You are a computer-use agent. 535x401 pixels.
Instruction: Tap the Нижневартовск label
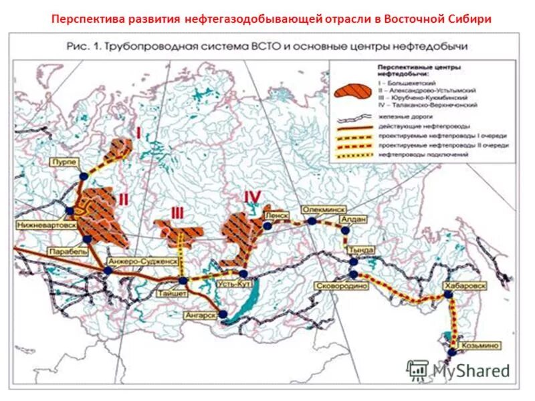click(x=39, y=226)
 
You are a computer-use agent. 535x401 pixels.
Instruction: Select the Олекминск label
click(x=321, y=209)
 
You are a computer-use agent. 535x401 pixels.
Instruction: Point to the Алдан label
click(x=353, y=218)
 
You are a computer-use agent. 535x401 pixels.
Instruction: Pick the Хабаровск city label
click(x=465, y=285)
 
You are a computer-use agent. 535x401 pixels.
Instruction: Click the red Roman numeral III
click(x=177, y=213)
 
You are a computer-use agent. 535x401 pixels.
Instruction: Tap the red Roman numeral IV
click(x=251, y=196)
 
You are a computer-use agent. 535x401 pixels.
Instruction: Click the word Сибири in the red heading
click(x=466, y=19)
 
